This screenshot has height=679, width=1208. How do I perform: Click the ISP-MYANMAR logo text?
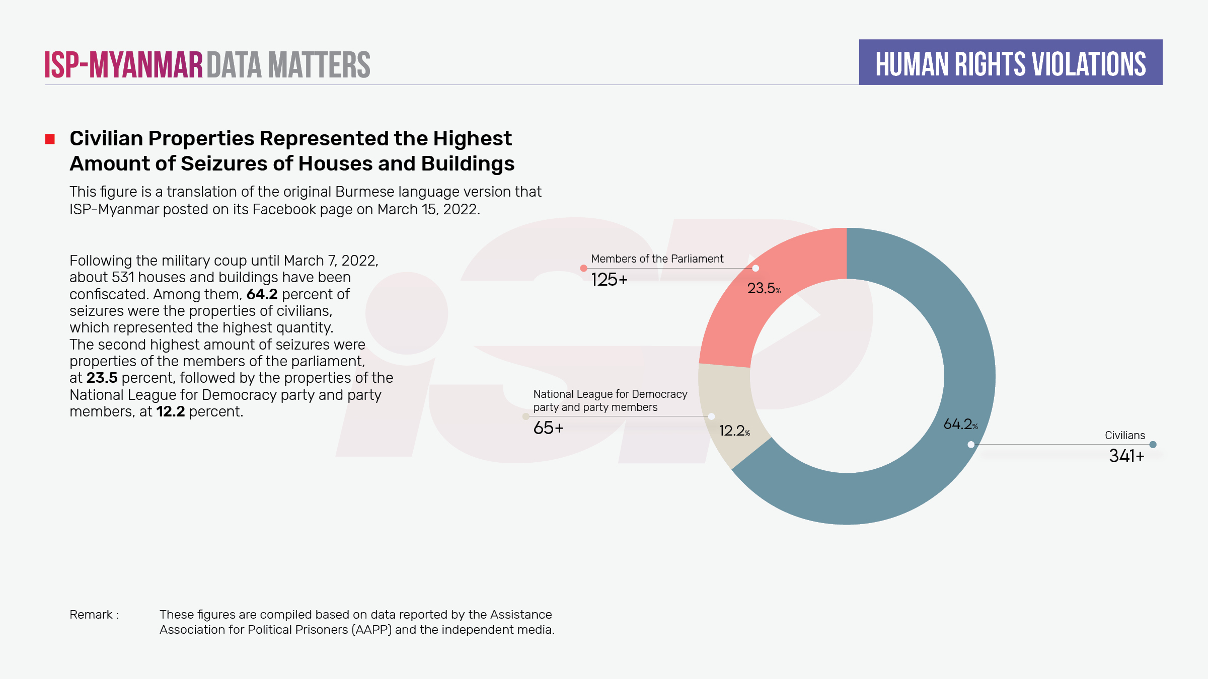123,65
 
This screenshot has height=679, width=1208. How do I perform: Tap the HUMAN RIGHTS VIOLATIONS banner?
1010,63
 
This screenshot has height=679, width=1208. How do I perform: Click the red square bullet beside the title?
50,139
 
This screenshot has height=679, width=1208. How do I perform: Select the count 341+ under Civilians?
1126,456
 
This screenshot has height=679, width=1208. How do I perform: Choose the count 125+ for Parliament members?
609,280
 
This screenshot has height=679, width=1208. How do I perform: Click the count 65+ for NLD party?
548,428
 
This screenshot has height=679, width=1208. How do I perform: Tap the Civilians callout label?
1124,436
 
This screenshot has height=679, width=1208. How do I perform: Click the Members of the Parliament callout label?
657,259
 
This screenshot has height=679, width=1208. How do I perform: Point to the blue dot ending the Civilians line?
1153,445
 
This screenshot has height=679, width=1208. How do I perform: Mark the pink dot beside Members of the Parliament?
583,268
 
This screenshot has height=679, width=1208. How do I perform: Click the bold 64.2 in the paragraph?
262,294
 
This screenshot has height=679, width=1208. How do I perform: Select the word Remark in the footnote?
91,615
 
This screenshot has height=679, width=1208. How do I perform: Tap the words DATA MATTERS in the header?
288,65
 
